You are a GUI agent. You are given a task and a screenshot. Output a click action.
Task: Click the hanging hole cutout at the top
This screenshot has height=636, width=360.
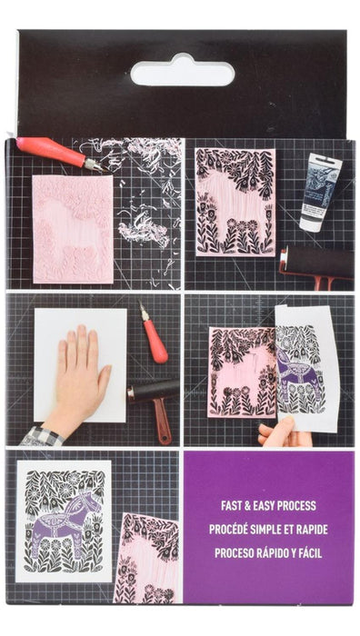[x=182, y=71]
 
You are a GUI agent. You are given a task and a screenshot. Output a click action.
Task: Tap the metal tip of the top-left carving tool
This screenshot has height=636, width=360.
[x=95, y=164]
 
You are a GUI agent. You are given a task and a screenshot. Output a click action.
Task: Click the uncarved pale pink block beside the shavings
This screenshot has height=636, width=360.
[x=73, y=229]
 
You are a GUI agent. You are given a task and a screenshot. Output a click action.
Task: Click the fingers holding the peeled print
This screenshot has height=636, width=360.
[x=280, y=432]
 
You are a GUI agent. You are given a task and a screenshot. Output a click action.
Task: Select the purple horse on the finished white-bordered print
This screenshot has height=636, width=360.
[x=65, y=522]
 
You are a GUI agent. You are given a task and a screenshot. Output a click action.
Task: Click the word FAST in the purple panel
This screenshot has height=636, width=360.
[x=232, y=506]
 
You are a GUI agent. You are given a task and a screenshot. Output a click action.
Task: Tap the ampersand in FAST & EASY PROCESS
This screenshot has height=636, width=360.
[x=249, y=506]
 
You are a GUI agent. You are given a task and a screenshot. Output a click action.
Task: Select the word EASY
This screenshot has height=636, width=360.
[x=266, y=506]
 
